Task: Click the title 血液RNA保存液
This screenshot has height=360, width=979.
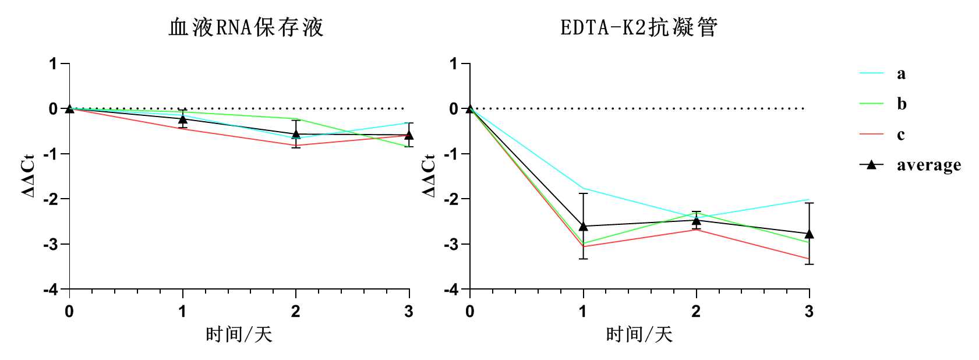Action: (x=245, y=27)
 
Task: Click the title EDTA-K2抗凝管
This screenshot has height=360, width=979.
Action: (x=639, y=27)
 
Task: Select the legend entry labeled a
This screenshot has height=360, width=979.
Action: (x=901, y=73)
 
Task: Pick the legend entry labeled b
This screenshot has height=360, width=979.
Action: (x=901, y=104)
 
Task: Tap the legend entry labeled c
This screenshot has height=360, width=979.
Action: (x=901, y=135)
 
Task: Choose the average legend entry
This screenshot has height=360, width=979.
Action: (x=928, y=165)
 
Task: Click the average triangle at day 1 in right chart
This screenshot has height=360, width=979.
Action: (x=583, y=226)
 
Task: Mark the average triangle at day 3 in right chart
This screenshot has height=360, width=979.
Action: (x=809, y=234)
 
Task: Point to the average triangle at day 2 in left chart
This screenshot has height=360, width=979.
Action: (x=296, y=134)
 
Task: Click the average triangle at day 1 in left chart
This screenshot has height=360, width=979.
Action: (x=183, y=119)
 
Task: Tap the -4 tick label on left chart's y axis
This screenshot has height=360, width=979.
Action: (x=51, y=289)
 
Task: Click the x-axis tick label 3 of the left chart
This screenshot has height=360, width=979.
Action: (x=409, y=312)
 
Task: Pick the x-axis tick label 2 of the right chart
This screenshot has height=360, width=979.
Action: (x=696, y=312)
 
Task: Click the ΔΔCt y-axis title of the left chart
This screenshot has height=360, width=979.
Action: (x=29, y=176)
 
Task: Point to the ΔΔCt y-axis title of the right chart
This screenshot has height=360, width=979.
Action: (x=429, y=176)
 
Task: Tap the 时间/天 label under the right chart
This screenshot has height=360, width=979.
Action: (x=639, y=334)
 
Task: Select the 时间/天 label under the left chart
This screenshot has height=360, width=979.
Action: (x=239, y=334)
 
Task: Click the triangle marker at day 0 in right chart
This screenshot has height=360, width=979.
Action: (x=470, y=108)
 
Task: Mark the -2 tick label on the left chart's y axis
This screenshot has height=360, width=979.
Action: (x=51, y=199)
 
